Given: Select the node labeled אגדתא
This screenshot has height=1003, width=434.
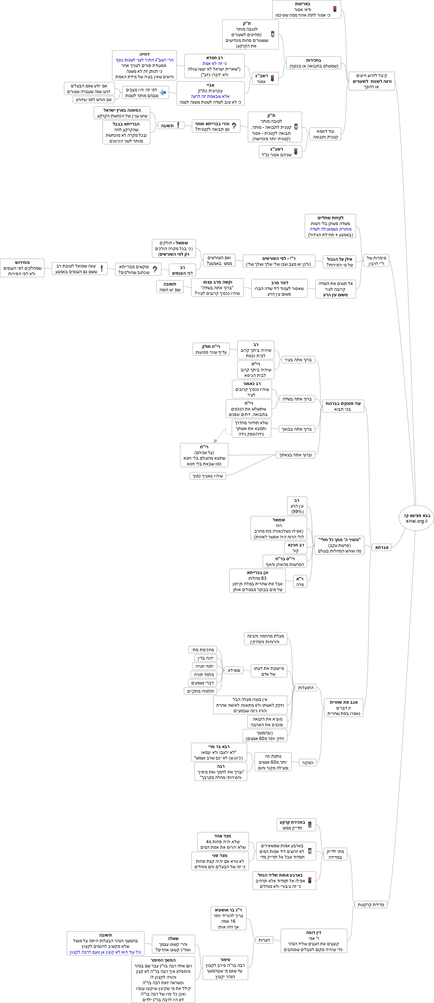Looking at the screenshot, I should (x=382, y=547).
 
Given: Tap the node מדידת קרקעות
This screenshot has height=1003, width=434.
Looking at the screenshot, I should (x=371, y=904).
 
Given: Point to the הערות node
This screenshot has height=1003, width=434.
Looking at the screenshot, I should (x=264, y=940).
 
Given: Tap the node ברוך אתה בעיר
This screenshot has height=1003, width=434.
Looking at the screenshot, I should (x=298, y=360).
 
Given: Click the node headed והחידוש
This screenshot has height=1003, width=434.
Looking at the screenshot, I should (x=22, y=268).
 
